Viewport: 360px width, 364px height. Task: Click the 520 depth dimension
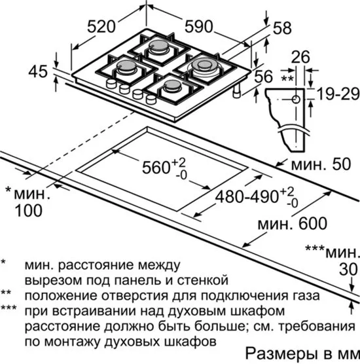(x=101, y=26)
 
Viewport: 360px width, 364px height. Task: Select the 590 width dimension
(x=199, y=26)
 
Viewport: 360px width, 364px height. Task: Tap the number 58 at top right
(x=282, y=28)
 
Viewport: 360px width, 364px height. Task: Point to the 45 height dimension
(x=38, y=71)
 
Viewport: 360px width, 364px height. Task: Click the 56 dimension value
(x=263, y=77)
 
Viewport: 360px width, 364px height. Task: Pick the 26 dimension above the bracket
(x=300, y=57)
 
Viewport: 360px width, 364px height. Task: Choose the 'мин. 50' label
(x=321, y=164)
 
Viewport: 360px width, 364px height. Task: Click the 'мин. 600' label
(x=293, y=223)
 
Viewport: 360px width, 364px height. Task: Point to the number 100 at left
(x=29, y=211)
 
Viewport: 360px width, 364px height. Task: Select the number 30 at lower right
(x=348, y=269)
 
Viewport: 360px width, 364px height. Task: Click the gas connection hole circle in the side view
(x=296, y=100)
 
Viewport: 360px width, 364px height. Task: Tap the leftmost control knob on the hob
(x=111, y=83)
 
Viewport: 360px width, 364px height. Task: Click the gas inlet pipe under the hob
(x=238, y=91)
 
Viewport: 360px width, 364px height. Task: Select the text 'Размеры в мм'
(x=302, y=354)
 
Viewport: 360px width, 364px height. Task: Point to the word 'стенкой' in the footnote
(x=203, y=280)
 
